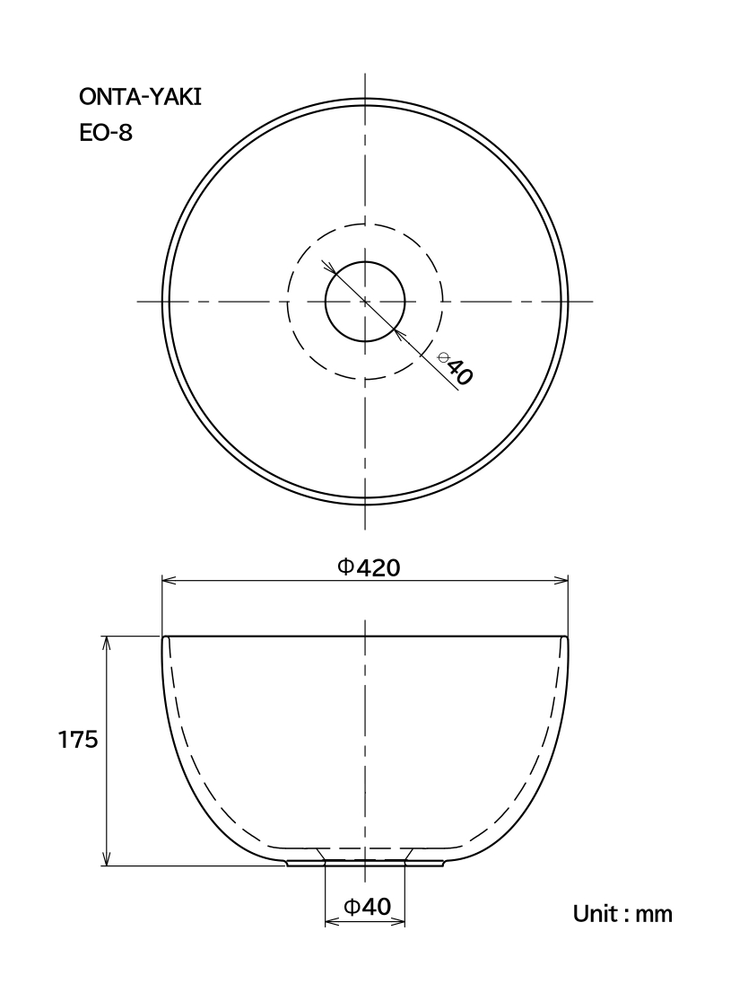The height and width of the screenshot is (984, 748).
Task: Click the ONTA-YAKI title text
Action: pos(140,97)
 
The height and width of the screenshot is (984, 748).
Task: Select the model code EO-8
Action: pos(106,133)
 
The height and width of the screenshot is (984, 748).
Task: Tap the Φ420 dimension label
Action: pos(369,567)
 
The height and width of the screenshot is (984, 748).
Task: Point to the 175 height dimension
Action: pos(78,740)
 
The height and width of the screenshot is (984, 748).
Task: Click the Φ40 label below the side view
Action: pos(367,906)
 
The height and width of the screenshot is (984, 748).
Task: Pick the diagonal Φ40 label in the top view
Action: pos(455,368)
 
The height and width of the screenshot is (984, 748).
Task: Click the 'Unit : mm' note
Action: pos(622,913)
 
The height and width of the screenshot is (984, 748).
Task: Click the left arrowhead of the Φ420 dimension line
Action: pos(170,581)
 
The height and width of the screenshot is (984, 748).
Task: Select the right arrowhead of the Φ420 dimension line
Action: pos(561,581)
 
